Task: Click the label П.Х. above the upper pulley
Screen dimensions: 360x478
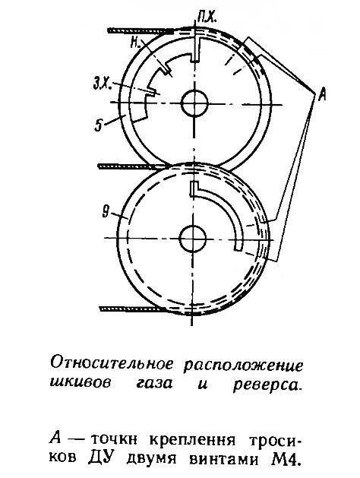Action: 207,18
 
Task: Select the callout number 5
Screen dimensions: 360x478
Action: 99,125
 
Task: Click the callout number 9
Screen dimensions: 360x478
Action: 106,212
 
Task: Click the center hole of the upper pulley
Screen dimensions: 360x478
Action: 194,103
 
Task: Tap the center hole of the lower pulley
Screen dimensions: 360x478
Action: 193,239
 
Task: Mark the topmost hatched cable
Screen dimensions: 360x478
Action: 141,30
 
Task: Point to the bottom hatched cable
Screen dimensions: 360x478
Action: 133,309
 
